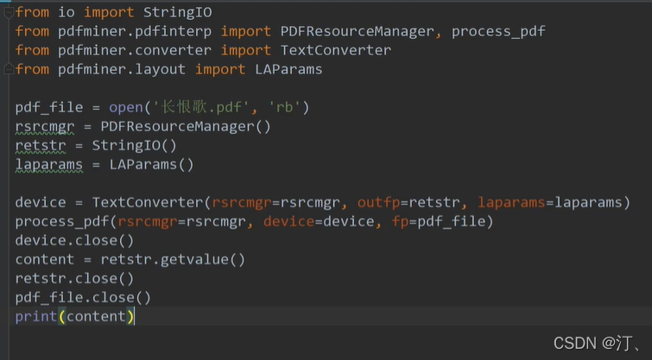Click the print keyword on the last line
(x=35, y=317)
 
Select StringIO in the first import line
(x=175, y=12)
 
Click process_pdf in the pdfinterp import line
(x=498, y=31)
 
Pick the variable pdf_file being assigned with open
(x=48, y=108)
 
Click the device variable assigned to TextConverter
(x=40, y=202)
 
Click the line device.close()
(x=74, y=240)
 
